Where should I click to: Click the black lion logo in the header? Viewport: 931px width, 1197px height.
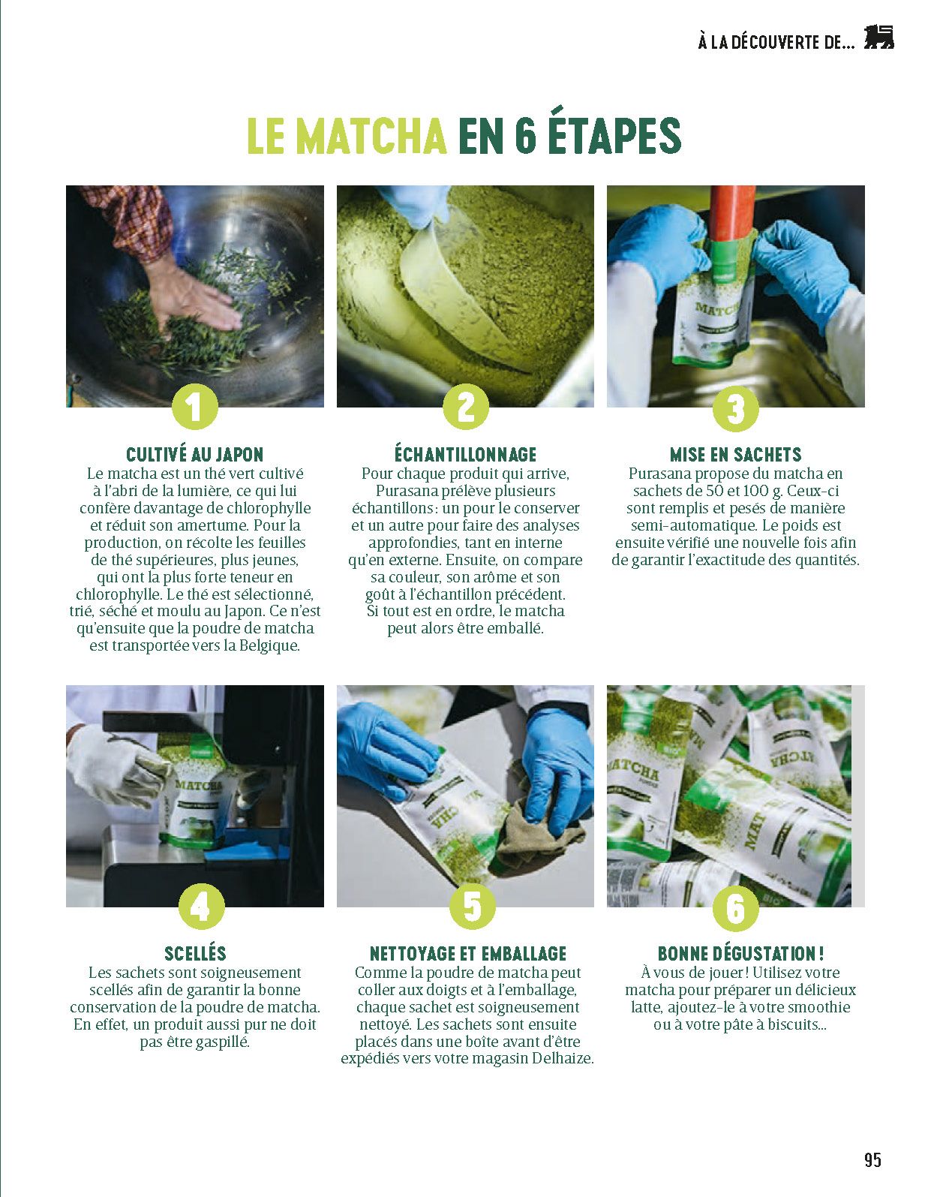(878, 38)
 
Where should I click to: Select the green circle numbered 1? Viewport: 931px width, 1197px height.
(195, 407)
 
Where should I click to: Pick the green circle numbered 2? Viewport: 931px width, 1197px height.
(466, 407)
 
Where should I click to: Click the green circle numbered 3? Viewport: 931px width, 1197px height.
(735, 409)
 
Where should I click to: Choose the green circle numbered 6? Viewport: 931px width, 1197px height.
(735, 908)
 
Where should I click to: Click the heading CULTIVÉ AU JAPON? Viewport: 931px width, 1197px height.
(195, 454)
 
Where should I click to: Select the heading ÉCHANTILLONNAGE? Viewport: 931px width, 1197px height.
(466, 454)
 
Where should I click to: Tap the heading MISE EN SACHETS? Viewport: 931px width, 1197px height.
(735, 455)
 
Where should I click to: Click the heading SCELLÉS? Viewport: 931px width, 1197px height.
(196, 954)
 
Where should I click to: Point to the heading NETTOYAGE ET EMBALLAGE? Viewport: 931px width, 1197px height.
(468, 954)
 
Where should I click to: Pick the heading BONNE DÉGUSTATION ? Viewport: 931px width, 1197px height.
(741, 954)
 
